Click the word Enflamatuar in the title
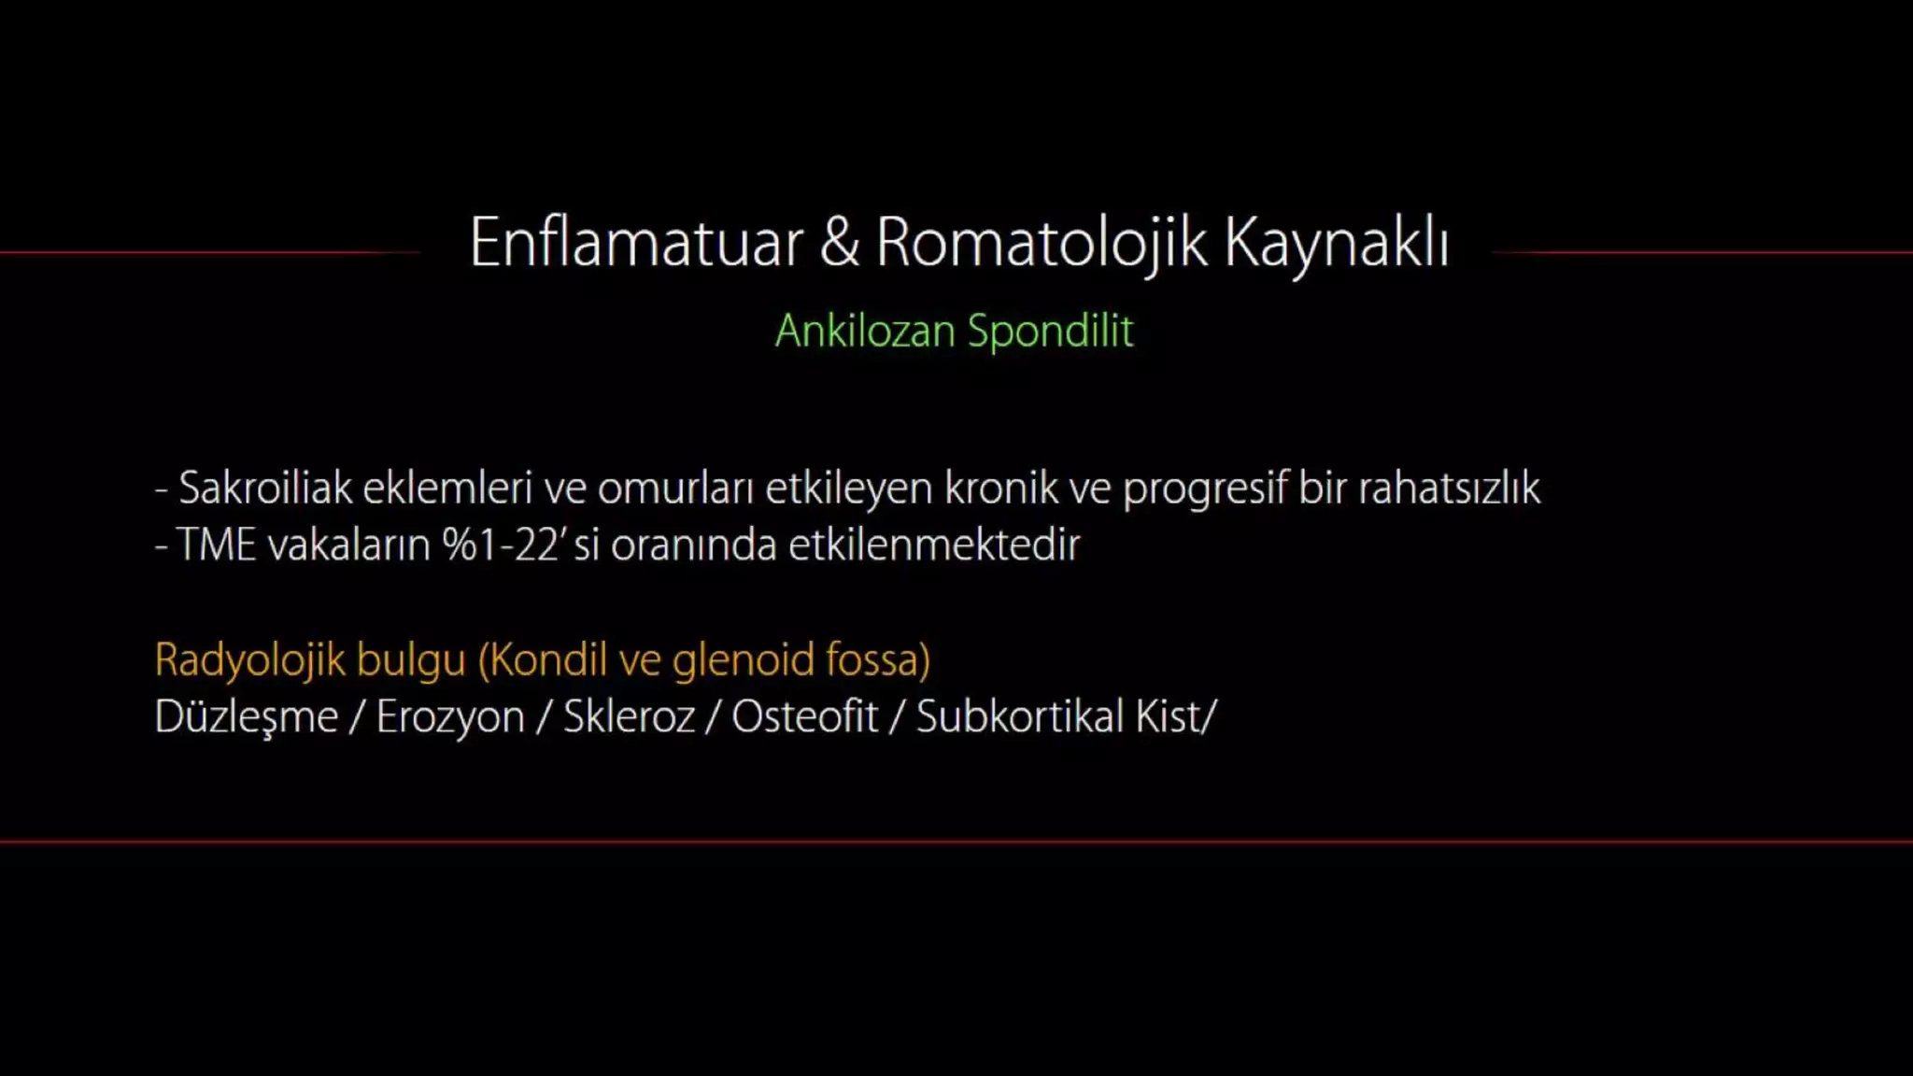[x=636, y=243]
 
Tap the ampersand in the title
[x=839, y=243]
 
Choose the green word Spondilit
[x=1051, y=332]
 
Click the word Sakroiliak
[x=264, y=488]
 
